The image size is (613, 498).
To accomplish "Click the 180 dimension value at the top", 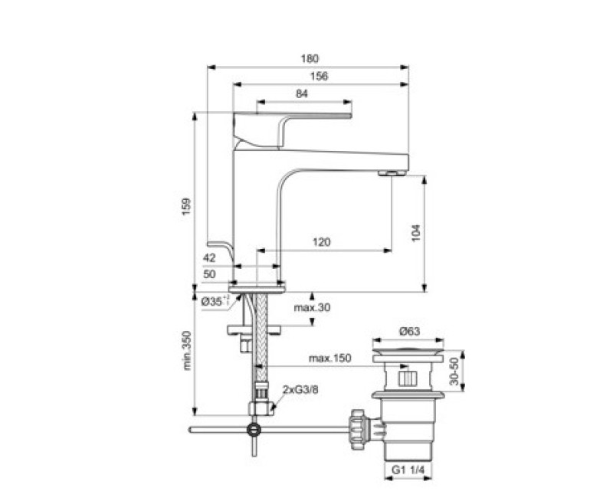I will [309, 58].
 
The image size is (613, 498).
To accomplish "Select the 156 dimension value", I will [320, 76].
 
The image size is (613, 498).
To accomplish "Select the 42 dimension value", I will [210, 258].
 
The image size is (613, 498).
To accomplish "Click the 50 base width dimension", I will [210, 274].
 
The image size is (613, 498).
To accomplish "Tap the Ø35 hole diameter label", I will [215, 302].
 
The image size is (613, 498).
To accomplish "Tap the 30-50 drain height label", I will [455, 372].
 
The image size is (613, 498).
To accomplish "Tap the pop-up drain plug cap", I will [407, 357].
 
